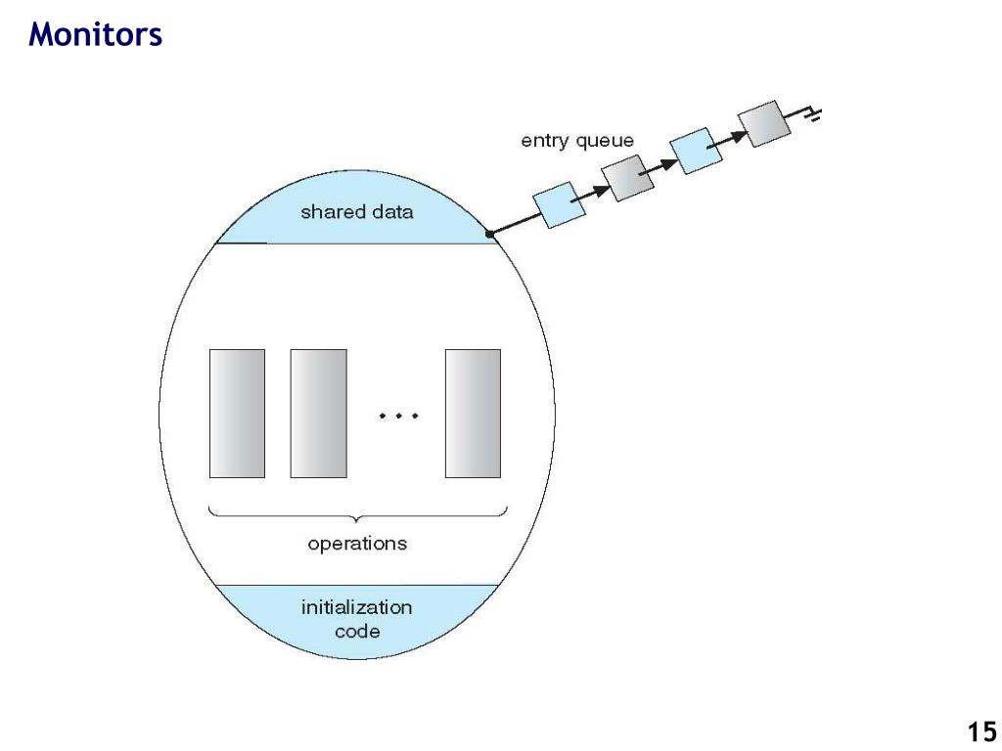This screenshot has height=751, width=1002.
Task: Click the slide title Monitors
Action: (x=95, y=34)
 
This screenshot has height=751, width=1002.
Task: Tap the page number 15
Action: (x=981, y=731)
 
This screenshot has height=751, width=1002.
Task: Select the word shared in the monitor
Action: (x=331, y=211)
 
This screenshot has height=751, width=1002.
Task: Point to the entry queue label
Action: (x=577, y=141)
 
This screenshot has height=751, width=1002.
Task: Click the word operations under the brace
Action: (x=357, y=544)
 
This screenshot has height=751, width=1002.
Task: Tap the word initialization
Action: (x=356, y=606)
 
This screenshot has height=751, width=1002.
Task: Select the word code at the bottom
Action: (x=357, y=632)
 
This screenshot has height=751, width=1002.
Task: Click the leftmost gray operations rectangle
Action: (x=237, y=414)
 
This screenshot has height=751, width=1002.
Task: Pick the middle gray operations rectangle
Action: (x=319, y=414)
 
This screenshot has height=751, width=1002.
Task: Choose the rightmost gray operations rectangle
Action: (x=473, y=414)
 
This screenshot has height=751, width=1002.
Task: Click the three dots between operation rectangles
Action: (x=398, y=416)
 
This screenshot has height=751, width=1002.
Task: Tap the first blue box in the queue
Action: (x=559, y=205)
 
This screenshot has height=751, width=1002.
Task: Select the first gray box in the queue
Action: (x=627, y=178)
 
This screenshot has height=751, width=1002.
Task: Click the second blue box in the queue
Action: (x=696, y=151)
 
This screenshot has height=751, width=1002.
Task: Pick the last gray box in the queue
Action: (x=764, y=124)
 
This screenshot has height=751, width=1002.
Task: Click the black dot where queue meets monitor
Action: (x=490, y=235)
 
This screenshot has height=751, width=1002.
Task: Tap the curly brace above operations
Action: (x=358, y=513)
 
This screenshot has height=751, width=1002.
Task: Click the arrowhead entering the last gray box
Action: (x=739, y=135)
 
